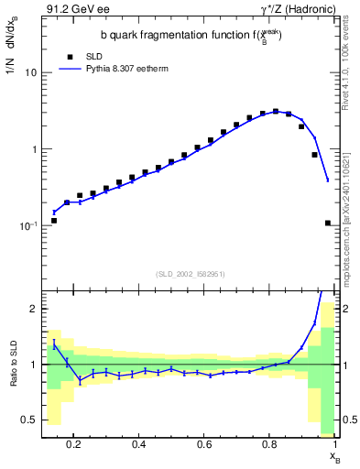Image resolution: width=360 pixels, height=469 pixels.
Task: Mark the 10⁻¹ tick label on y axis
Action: tap(27, 225)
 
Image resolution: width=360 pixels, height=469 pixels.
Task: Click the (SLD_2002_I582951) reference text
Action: tap(190, 274)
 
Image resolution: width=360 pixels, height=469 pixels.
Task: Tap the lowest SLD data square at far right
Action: tap(328, 223)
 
